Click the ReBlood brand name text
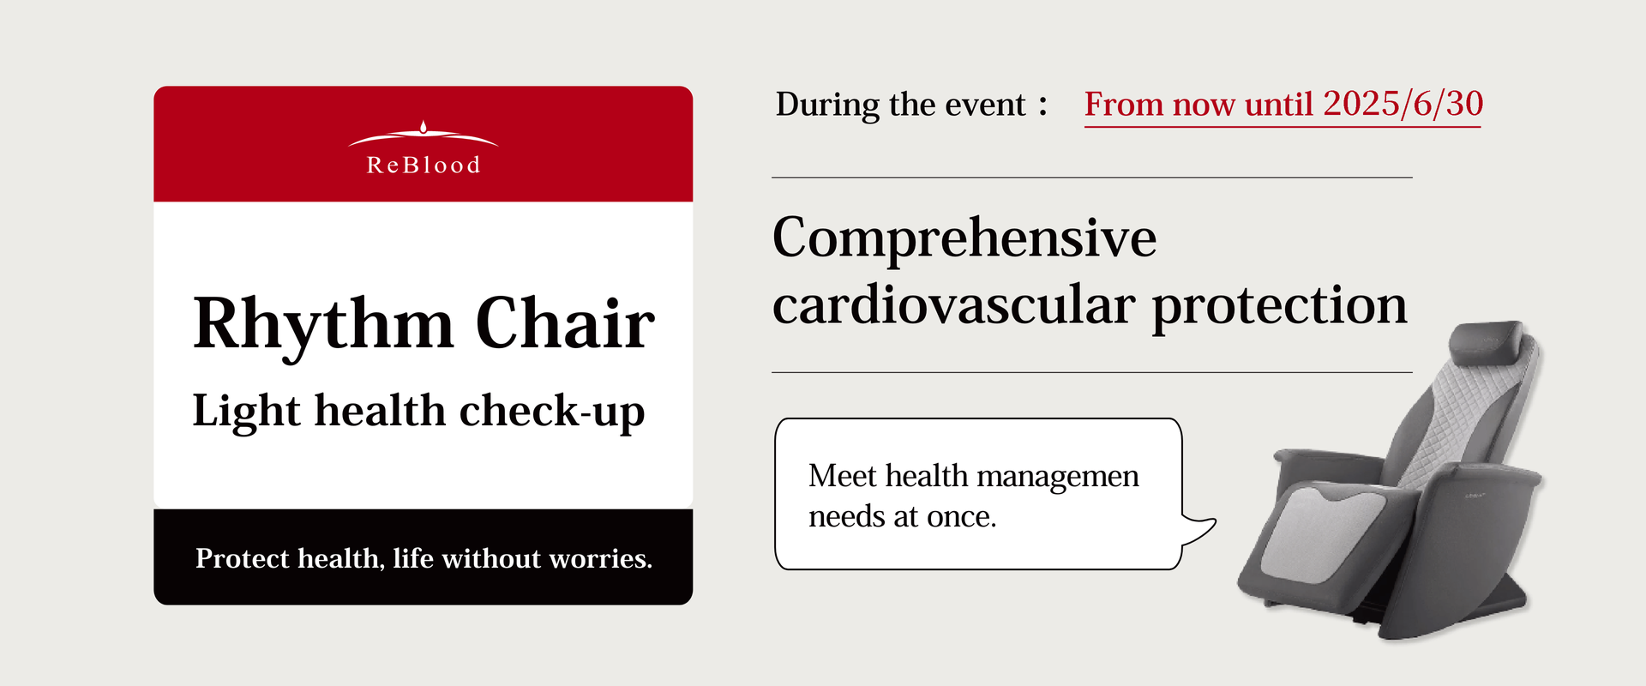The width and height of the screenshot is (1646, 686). [424, 165]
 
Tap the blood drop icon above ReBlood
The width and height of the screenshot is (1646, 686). [424, 127]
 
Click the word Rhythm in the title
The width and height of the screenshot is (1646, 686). [323, 324]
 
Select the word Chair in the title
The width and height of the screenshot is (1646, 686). [565, 323]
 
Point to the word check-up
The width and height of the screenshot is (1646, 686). [552, 411]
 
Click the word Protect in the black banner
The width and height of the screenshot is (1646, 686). [243, 558]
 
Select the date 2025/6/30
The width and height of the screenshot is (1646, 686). [1403, 104]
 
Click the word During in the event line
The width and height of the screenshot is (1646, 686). [826, 105]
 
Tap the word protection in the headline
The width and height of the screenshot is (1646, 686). [1279, 306]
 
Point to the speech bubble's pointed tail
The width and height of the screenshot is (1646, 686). [1215, 521]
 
